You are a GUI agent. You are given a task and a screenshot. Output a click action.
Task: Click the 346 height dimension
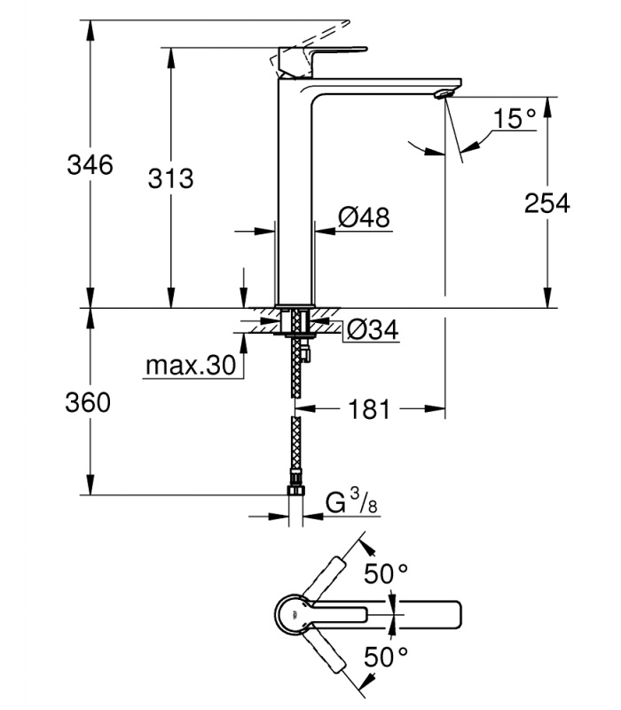tap(90, 164)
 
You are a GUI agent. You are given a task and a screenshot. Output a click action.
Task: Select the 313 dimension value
tap(170, 178)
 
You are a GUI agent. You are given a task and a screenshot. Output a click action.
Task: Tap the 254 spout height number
tap(547, 203)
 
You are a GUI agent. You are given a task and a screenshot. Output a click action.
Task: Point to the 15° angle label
tap(515, 119)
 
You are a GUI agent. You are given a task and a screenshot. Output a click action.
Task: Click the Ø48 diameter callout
tap(364, 217)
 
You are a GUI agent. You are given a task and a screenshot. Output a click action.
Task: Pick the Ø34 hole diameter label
tap(373, 330)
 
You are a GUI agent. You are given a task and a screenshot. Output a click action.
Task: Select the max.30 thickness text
tap(191, 365)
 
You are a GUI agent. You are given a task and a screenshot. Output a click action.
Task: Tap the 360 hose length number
tap(88, 402)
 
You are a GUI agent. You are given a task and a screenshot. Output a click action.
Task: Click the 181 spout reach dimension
tap(369, 409)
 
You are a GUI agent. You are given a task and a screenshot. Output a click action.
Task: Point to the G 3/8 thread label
tap(351, 502)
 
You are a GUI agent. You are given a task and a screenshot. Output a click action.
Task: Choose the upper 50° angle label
tap(386, 573)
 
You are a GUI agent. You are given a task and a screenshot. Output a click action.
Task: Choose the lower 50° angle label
tap(386, 657)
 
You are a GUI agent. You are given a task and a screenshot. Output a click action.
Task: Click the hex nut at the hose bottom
tap(295, 490)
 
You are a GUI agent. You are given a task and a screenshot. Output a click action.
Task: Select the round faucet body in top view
tap(294, 614)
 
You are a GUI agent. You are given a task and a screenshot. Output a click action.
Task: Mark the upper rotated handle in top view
tap(325, 579)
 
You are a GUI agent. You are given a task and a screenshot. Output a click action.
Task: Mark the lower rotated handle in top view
tap(325, 651)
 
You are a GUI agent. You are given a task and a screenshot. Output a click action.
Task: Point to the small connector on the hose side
tap(308, 352)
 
